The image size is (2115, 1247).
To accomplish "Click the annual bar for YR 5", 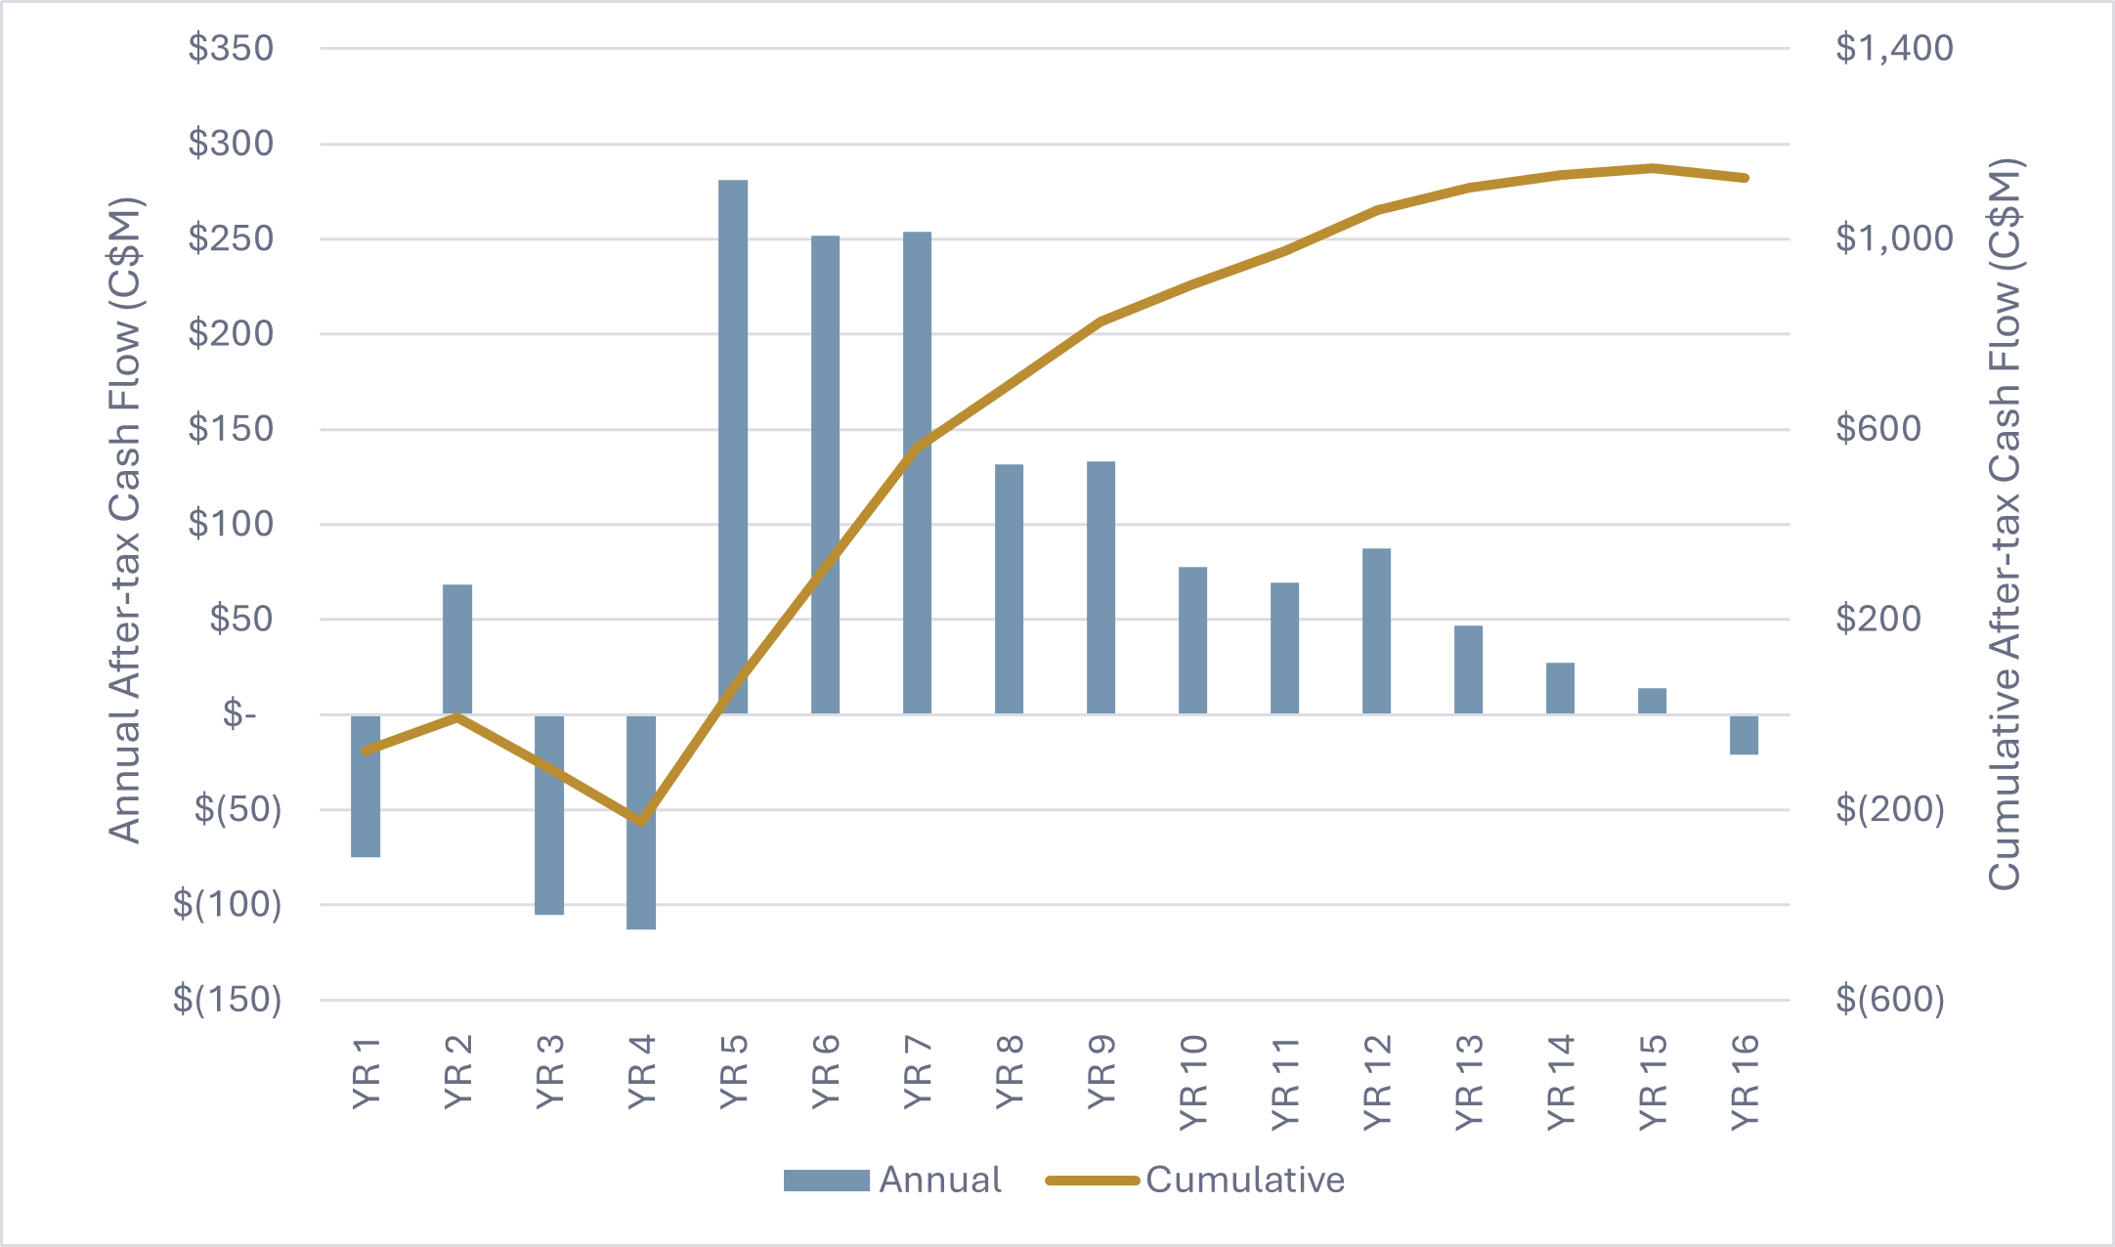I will [733, 447].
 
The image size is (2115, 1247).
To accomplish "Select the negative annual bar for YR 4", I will [641, 822].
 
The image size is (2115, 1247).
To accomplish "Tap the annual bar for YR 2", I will [457, 649].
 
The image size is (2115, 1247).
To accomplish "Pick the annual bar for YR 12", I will [1376, 631].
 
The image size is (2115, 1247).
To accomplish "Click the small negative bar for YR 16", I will [1744, 735].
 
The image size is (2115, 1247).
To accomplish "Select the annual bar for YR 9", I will [1101, 587].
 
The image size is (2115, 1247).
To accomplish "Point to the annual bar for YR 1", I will [366, 786].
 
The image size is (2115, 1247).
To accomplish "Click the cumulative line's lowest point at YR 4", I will [641, 821].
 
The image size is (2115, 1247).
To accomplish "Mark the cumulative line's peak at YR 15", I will [1652, 168].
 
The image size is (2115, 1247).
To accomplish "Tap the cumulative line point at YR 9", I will [1101, 321].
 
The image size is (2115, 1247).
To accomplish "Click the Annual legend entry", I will [892, 1181].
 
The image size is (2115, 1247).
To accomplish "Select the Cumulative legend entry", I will [1194, 1181].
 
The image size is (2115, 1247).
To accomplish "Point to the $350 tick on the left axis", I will [231, 48].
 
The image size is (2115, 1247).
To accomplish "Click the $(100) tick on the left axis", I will [227, 905].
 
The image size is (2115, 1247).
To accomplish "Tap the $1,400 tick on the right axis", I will [1894, 48].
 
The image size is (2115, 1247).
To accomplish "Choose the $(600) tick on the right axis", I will [1890, 1000].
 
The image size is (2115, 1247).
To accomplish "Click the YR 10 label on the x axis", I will [1193, 1083].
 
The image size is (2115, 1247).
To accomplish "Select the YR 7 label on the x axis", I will [918, 1072].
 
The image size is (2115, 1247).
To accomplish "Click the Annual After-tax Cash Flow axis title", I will [125, 521].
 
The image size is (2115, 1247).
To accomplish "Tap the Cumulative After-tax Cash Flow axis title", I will [2004, 524].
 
